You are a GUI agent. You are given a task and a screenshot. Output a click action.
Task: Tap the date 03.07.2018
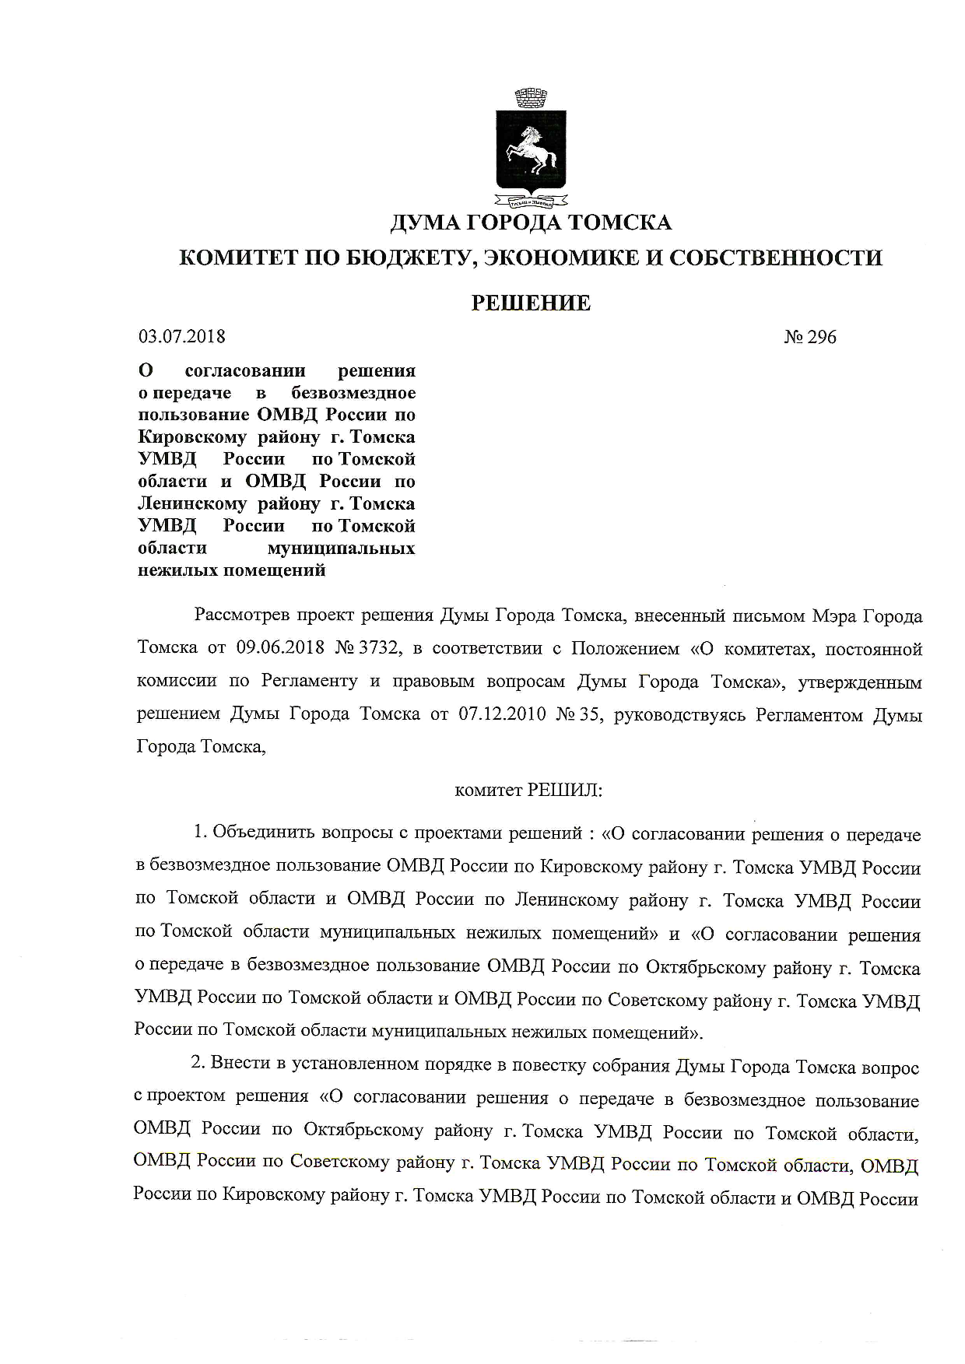pos(181,337)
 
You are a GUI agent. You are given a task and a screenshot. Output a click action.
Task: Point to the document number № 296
pos(810,337)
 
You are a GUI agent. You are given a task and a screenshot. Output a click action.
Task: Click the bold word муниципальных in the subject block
pos(341,549)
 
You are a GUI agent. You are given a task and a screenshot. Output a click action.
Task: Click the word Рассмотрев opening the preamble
pos(244,616)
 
